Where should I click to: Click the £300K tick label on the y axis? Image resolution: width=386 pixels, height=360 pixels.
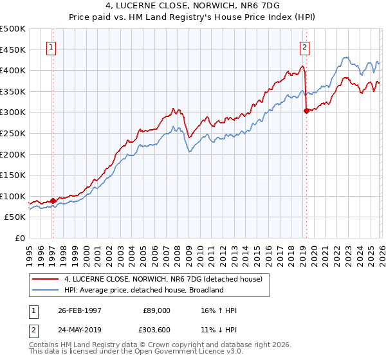click(13, 112)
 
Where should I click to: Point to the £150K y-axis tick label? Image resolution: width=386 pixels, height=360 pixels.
click(13, 175)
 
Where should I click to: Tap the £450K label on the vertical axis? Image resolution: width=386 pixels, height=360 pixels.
click(13, 49)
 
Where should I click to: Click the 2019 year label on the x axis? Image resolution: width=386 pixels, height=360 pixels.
click(301, 251)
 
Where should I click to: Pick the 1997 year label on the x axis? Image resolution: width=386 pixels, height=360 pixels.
click(51, 251)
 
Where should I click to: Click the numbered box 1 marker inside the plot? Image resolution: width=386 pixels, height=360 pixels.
click(51, 46)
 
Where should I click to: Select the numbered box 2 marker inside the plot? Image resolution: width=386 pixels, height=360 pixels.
click(304, 46)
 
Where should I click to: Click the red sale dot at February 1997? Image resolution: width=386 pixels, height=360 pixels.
click(53, 201)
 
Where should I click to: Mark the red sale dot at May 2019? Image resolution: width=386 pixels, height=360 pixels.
click(306, 111)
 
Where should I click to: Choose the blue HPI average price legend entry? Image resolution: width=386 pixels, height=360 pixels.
click(143, 290)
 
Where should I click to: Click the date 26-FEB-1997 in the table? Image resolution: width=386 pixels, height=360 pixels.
click(80, 310)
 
